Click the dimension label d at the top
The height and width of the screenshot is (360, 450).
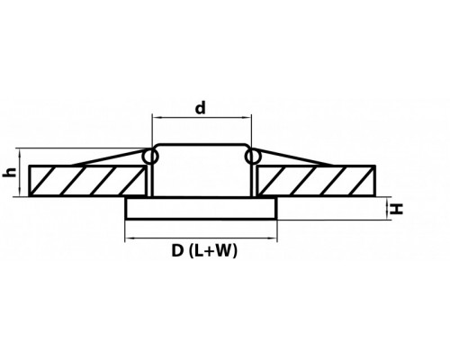point(201,108)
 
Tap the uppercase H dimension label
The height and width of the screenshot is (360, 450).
point(397,209)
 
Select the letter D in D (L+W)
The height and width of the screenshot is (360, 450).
point(177,250)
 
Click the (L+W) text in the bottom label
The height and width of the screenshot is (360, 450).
point(213,251)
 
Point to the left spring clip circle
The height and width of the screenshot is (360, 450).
point(149,157)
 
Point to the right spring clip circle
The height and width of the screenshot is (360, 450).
point(253,157)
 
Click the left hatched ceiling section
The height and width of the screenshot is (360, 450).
point(87,181)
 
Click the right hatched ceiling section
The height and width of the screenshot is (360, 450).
point(317,181)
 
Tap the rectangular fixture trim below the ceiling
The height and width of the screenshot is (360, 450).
point(201,208)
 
